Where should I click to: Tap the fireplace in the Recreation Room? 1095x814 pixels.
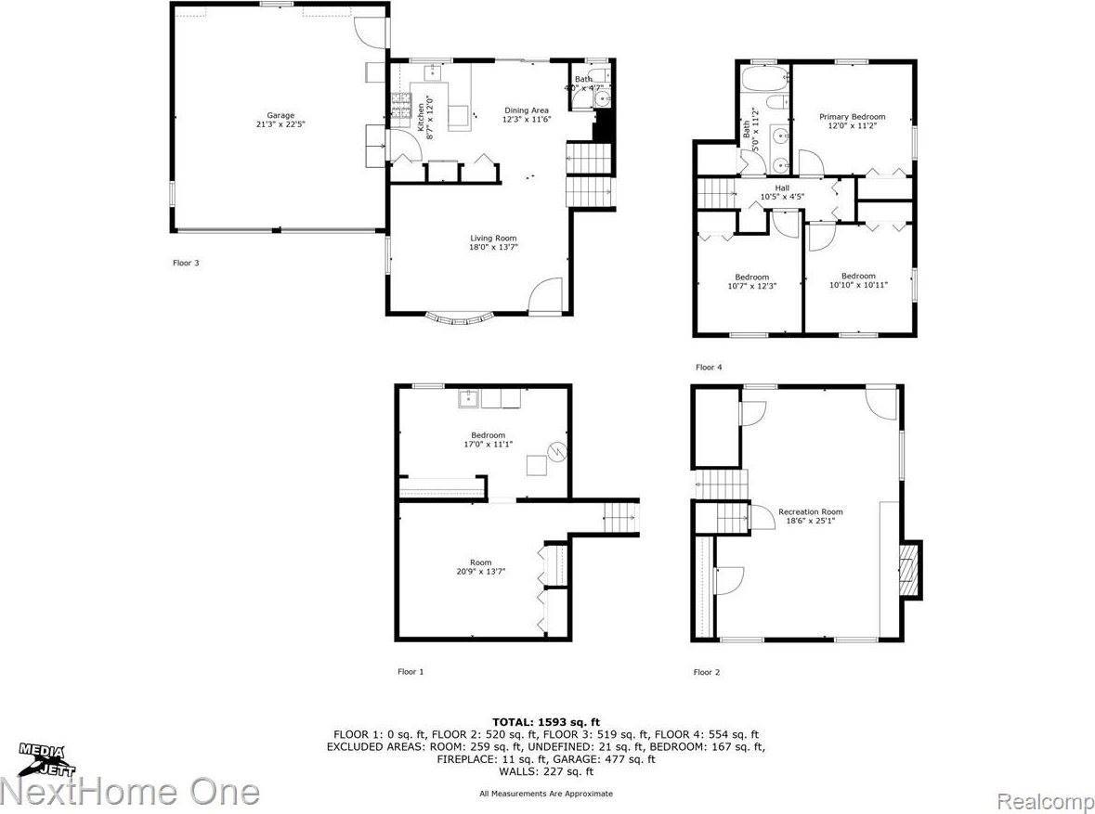(x=910, y=571)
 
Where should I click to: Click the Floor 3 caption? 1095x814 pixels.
(x=186, y=263)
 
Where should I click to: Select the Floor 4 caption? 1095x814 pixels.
(x=708, y=368)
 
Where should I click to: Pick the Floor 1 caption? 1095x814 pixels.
(x=411, y=671)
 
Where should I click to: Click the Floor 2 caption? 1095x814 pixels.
(x=706, y=671)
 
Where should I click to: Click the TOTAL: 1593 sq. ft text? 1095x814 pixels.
(x=546, y=721)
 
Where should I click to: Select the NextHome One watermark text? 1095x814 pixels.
(x=130, y=792)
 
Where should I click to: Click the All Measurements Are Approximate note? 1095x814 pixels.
(x=546, y=794)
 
